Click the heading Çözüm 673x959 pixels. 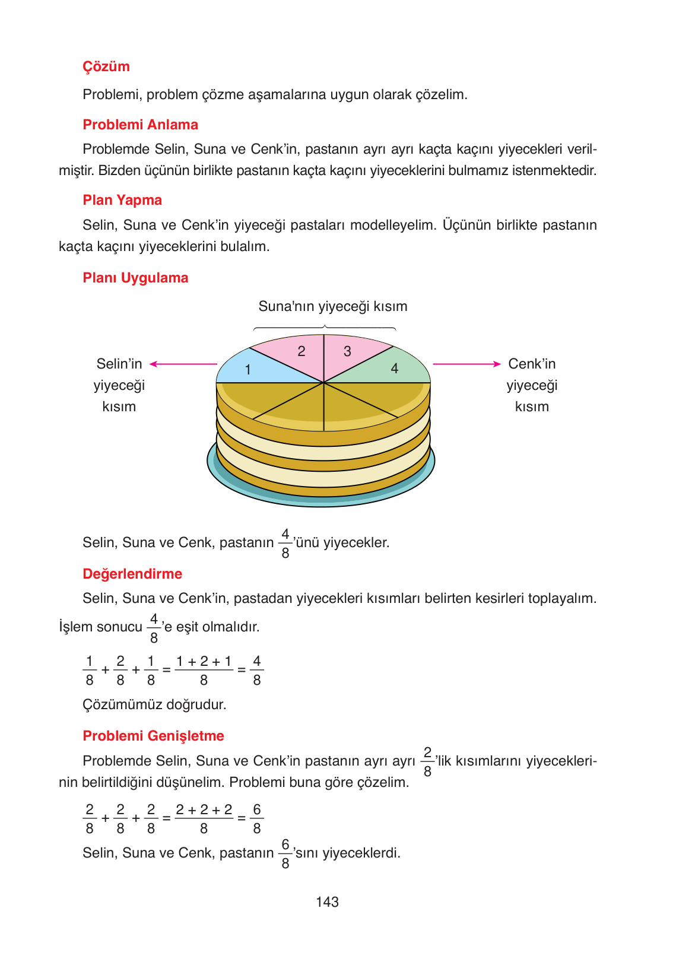pos(106,66)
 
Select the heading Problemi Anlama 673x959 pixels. pos(140,125)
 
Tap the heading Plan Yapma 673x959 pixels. pos(122,200)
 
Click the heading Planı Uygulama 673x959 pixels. pos(135,278)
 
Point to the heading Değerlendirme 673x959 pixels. pos(132,574)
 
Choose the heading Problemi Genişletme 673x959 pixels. pos(153,736)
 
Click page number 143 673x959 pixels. pos(327,902)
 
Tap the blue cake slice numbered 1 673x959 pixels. pos(255,368)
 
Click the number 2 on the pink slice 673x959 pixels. pos(301,351)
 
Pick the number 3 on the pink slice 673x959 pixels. pos(347,351)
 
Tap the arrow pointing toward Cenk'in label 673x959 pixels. pos(466,364)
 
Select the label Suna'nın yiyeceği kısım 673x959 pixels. pos(333,306)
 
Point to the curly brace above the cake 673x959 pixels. pos(325,327)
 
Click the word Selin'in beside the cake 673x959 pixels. pos(119,364)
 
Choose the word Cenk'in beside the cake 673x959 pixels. pos(532,364)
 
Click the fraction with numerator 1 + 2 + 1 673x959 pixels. pos(204,671)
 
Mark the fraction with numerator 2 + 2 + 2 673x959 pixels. pos(204,819)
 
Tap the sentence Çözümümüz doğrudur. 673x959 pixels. pos(154,704)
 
